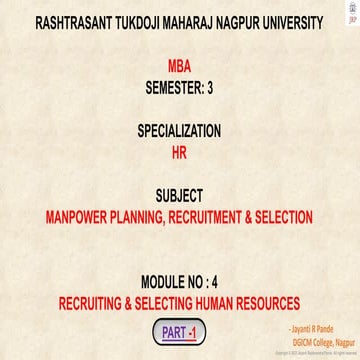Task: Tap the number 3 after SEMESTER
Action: point(210,87)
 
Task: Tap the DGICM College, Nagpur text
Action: point(316,340)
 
